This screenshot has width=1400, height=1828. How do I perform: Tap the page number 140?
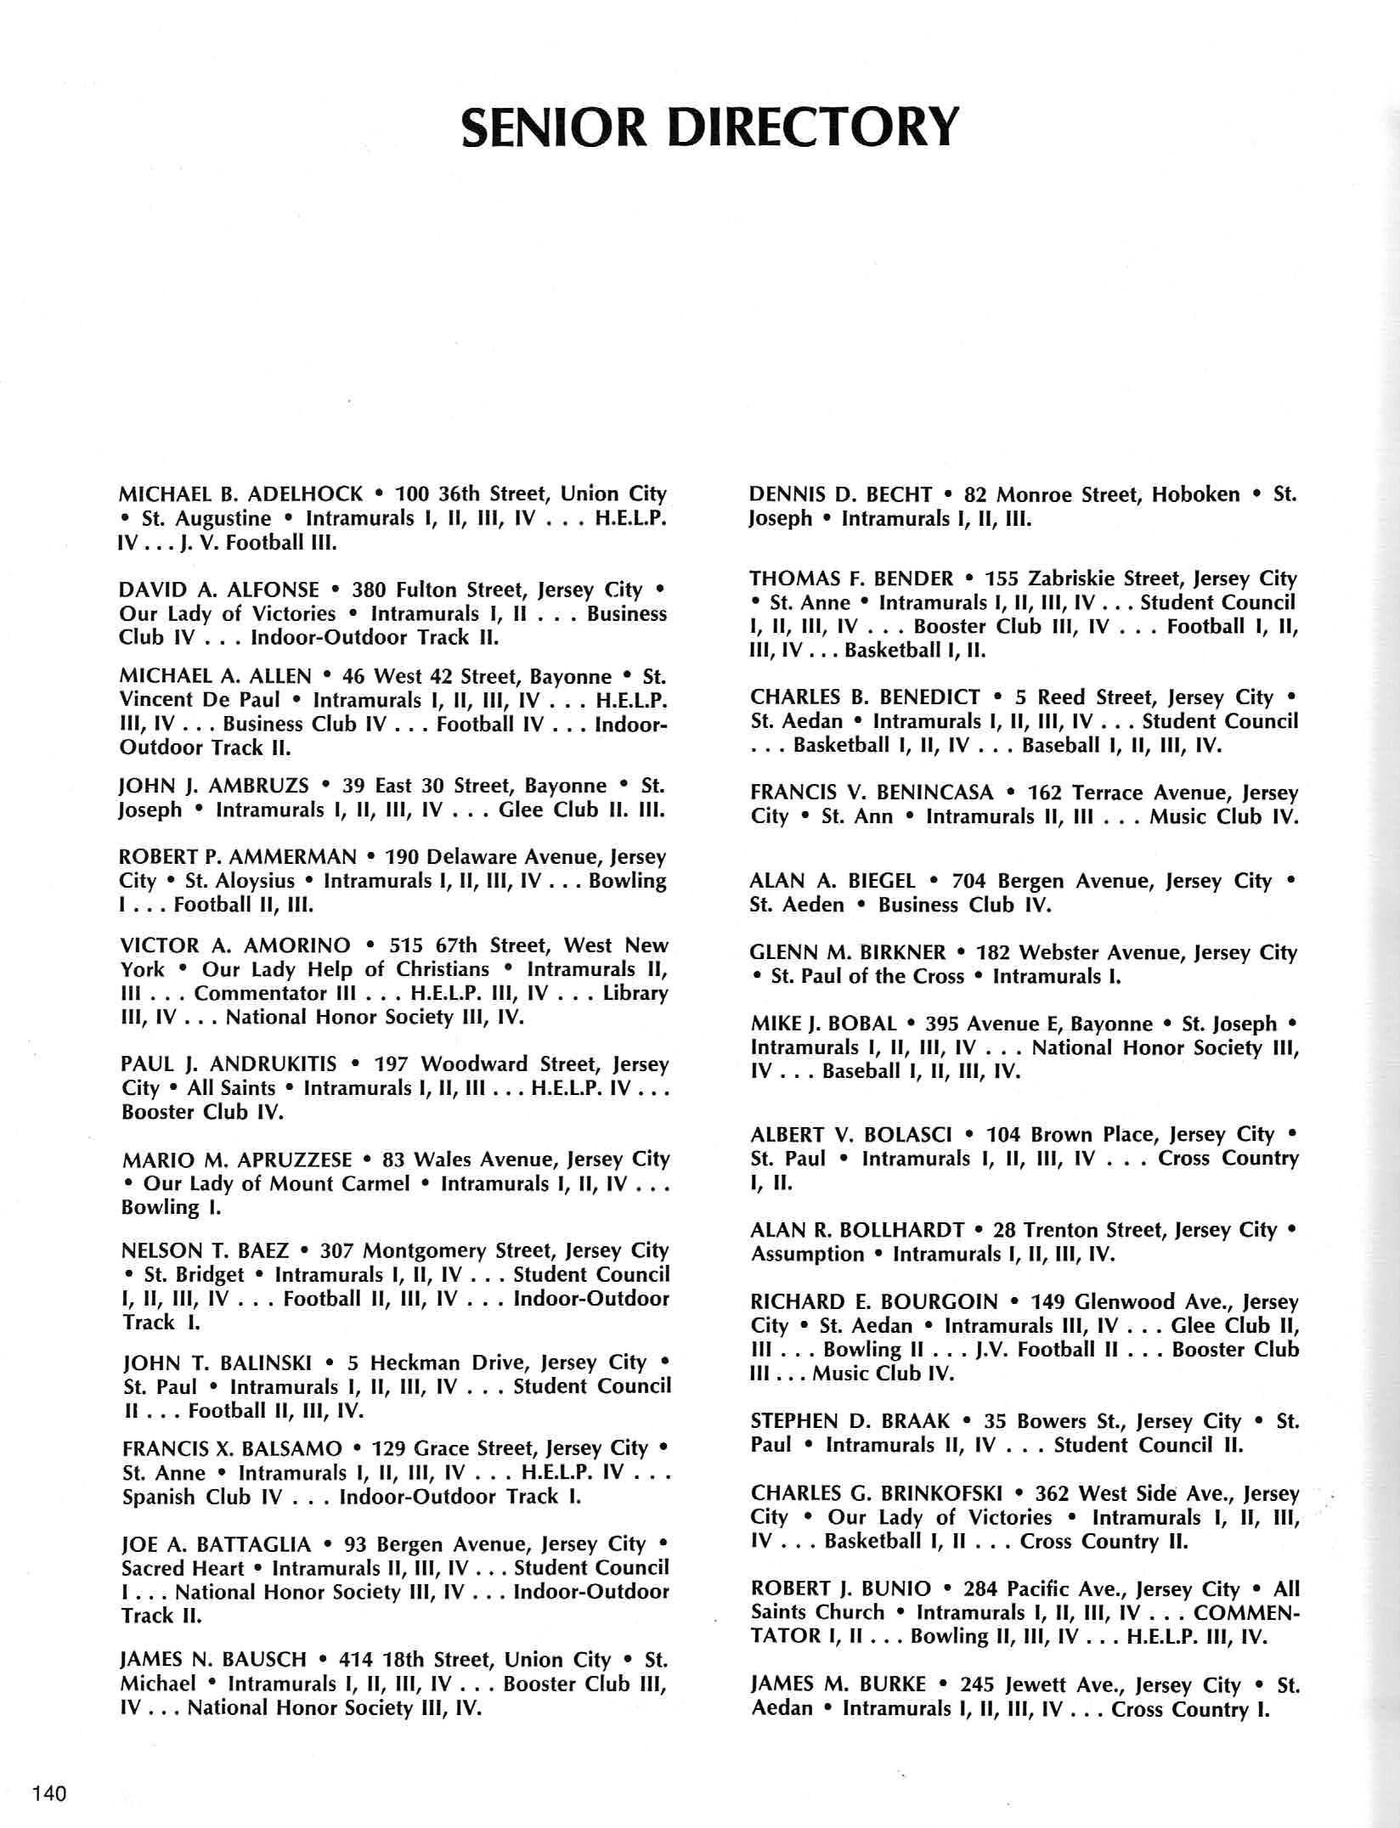click(48, 1794)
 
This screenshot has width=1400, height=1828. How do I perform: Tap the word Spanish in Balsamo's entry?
click(161, 1497)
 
